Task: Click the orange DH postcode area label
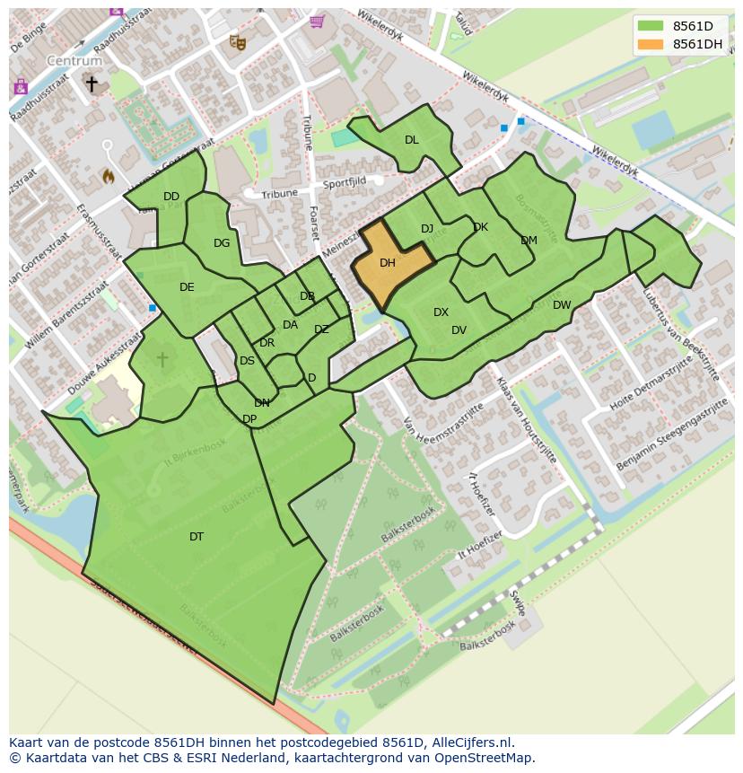tap(388, 263)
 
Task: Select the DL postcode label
tap(411, 140)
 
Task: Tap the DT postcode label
tap(197, 537)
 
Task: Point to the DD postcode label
tap(171, 197)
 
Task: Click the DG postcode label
tap(222, 243)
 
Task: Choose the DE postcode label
tap(187, 287)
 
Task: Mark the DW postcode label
tap(562, 305)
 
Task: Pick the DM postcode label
tap(529, 241)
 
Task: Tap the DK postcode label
tap(480, 227)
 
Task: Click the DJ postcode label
tap(427, 229)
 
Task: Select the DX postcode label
tap(441, 312)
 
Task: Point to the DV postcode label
tap(459, 330)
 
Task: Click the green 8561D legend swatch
tap(651, 26)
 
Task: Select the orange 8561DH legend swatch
tap(651, 44)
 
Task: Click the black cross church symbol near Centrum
tap(91, 83)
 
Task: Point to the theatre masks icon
tap(237, 41)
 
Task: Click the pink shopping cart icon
tap(316, 21)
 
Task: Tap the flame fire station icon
tap(108, 176)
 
